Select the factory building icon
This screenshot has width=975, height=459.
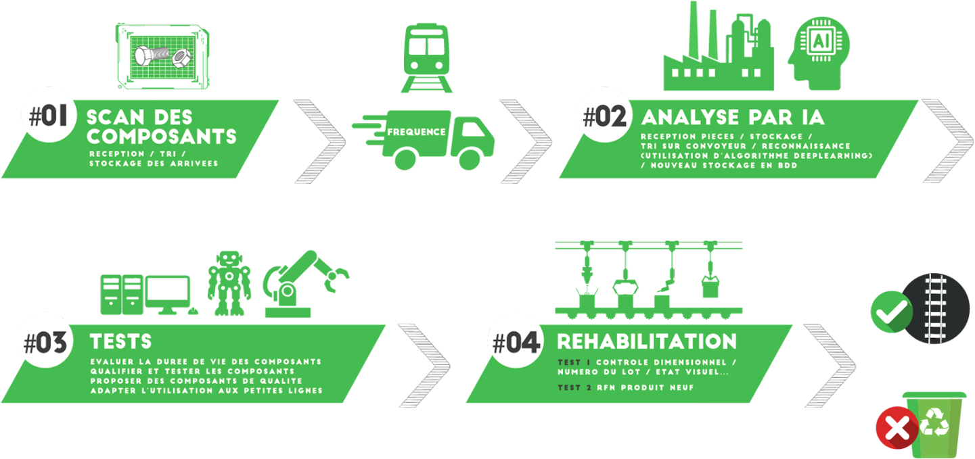(717, 51)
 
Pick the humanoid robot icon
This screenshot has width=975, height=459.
(229, 283)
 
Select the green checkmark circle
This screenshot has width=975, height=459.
(890, 312)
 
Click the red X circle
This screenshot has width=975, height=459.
(897, 429)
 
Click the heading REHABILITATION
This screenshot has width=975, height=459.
(646, 341)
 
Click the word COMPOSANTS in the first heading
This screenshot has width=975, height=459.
(161, 136)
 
